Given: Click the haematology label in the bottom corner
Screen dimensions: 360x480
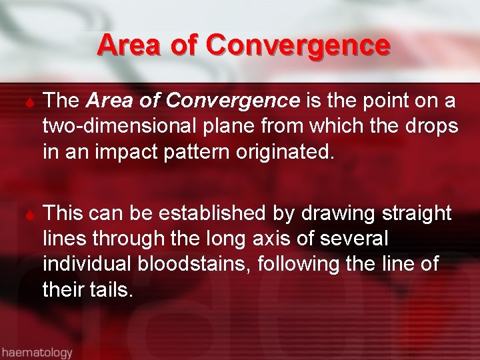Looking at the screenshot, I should pyautogui.click(x=37, y=351).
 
